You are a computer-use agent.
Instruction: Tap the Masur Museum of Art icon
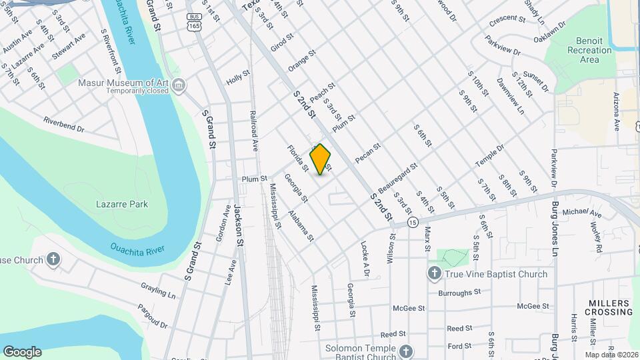178,85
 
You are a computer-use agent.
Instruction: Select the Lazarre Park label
122,204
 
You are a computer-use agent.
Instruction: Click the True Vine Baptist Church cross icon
434,273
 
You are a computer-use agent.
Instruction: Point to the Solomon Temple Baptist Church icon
405,351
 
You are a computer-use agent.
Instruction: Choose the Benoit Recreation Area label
589,50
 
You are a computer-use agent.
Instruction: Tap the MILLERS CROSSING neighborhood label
609,307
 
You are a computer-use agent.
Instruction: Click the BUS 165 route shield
194,22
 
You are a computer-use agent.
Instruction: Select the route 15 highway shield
413,222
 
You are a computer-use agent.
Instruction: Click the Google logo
22,351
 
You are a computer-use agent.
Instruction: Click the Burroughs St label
459,292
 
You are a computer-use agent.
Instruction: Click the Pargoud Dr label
153,316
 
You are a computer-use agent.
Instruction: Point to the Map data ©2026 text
611,354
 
